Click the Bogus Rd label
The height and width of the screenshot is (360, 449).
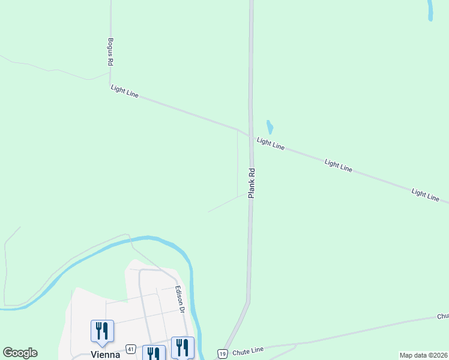tap(110, 52)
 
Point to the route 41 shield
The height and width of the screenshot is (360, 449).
tap(130, 349)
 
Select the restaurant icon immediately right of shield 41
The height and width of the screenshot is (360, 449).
tap(154, 354)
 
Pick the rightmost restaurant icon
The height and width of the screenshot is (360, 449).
tap(182, 347)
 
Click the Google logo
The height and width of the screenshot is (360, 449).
tap(20, 353)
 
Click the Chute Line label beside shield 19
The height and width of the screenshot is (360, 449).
tap(250, 349)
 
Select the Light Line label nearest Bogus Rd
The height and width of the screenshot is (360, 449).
tap(124, 91)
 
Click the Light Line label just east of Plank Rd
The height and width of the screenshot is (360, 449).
tap(270, 144)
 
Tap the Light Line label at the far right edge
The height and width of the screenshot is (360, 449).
tap(426, 194)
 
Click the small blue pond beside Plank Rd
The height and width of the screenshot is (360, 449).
tap(270, 127)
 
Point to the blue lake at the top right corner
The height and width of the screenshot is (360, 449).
tap(430, 10)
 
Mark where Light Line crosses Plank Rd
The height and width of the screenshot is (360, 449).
tap(250, 135)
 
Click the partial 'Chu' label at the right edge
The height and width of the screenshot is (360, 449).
tap(442, 316)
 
